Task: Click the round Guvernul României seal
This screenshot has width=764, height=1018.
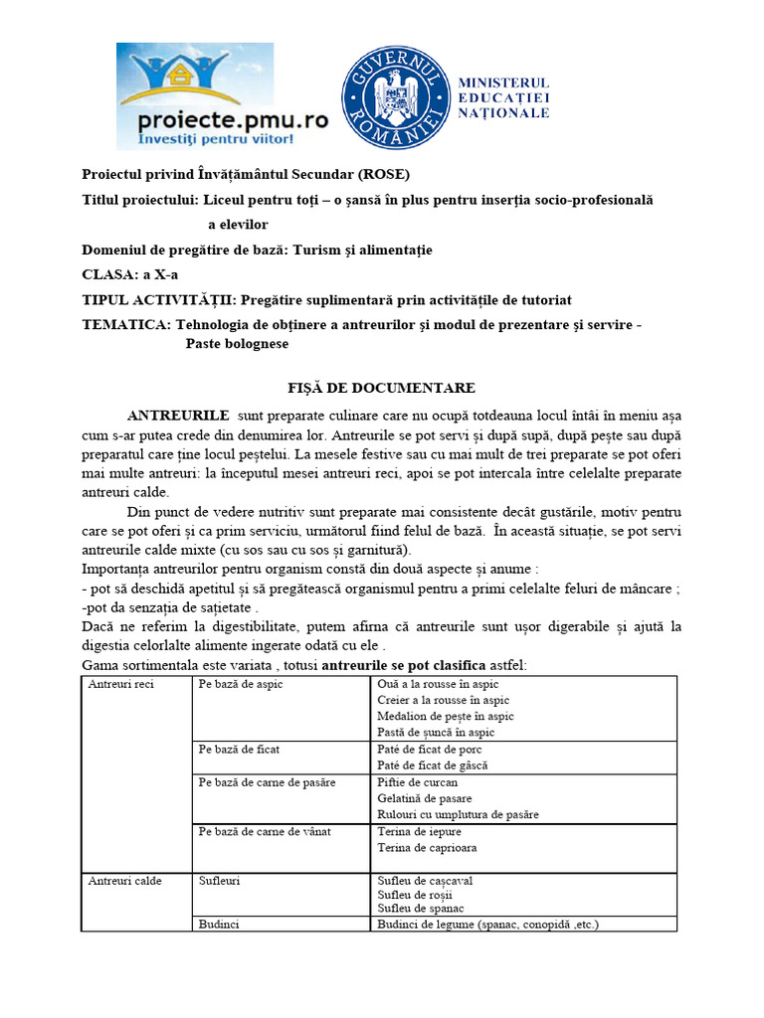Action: pos(395,97)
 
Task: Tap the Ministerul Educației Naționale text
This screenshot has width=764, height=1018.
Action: pos(502,97)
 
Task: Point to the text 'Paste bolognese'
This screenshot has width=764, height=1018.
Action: pos(237,343)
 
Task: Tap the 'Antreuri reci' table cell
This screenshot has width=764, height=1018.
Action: pos(121,685)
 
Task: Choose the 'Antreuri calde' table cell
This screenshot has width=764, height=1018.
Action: pos(124,881)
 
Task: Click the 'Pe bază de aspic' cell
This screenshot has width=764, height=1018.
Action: pos(241,685)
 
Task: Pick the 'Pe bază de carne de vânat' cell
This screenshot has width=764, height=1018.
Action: pos(265,831)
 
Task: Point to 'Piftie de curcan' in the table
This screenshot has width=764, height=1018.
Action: pos(418,782)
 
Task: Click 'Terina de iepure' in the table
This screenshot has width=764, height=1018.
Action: pos(420,831)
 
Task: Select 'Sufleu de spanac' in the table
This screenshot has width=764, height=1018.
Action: pos(421,908)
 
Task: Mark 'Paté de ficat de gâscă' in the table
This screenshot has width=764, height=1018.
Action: pos(433,765)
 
